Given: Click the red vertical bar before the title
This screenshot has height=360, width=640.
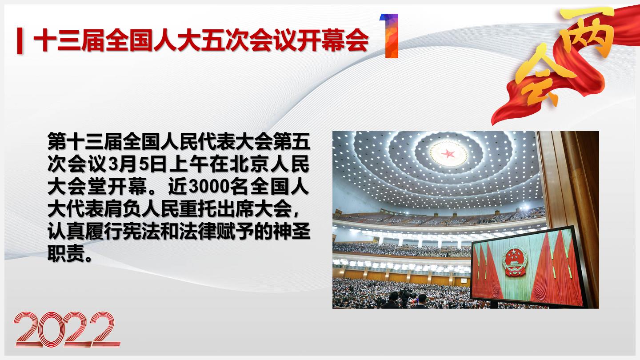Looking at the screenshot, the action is [20, 40].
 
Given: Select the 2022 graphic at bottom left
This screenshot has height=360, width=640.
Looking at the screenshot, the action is [67, 329].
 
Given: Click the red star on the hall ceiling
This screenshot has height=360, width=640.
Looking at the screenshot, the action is [448, 154].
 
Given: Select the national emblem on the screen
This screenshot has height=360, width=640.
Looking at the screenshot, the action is [515, 262].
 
